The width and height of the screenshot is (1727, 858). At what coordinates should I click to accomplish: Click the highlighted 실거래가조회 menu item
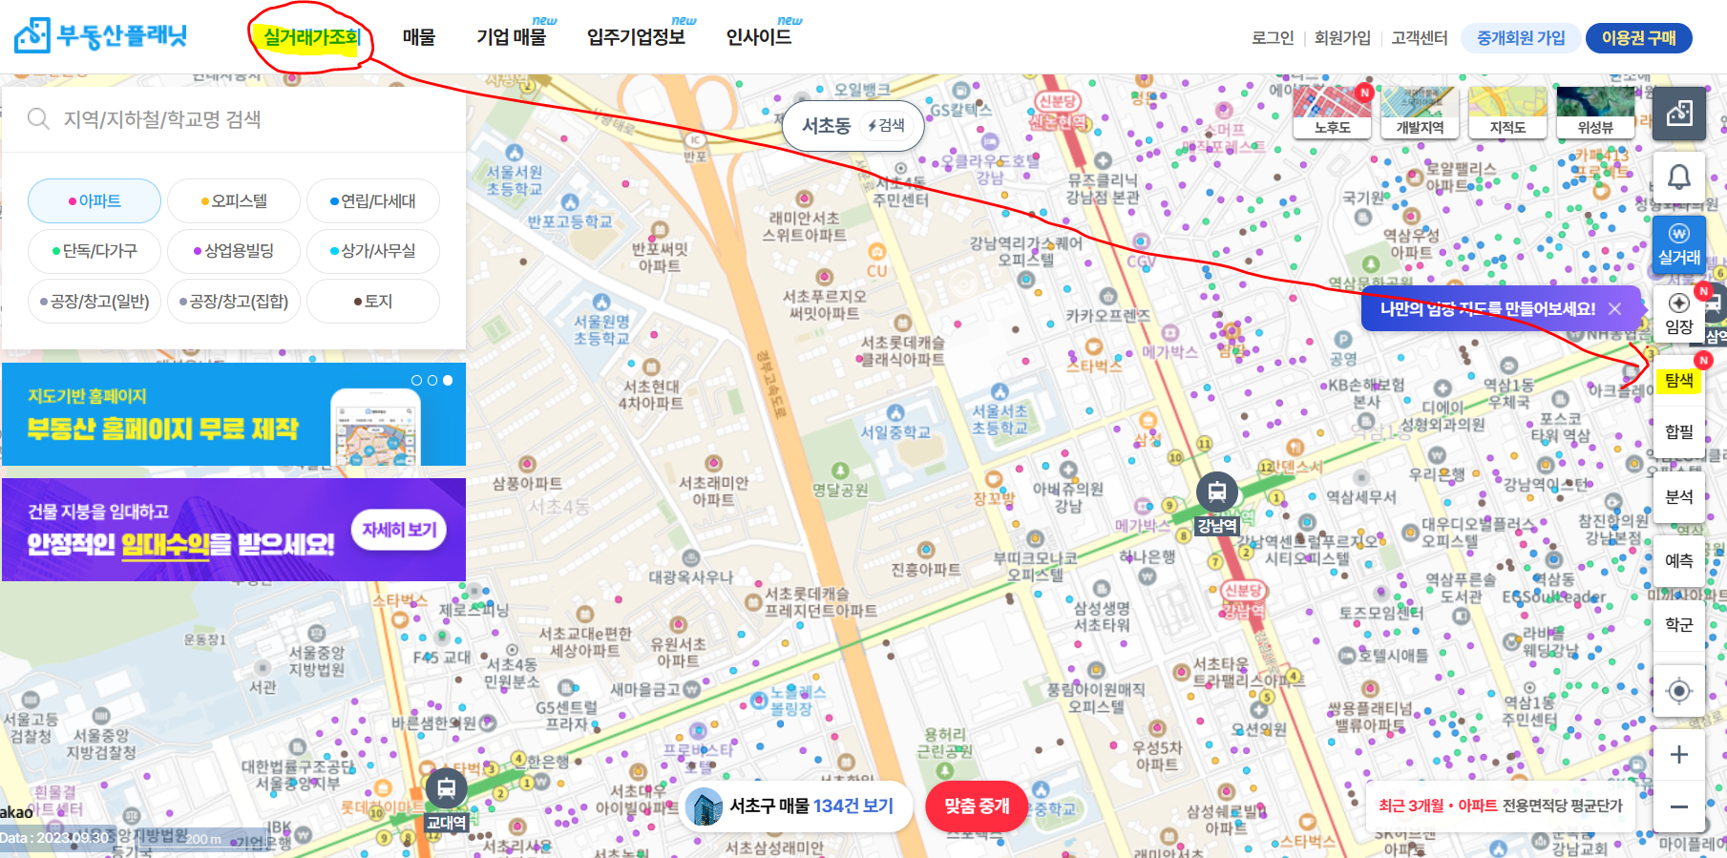(x=310, y=38)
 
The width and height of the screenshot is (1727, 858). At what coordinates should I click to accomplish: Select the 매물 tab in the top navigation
(x=418, y=38)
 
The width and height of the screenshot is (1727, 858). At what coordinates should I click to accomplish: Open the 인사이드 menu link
(x=759, y=38)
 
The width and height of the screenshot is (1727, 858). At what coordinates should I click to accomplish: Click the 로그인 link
(x=1273, y=38)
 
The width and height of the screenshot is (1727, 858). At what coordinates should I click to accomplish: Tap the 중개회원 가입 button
(x=1521, y=38)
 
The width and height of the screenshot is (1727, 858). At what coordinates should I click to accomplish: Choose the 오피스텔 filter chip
(x=234, y=201)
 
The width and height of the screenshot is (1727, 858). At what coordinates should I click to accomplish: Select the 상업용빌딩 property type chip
(x=234, y=251)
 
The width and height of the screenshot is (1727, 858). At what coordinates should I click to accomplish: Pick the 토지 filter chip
(x=373, y=302)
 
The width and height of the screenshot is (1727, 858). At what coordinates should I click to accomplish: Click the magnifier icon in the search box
(x=38, y=118)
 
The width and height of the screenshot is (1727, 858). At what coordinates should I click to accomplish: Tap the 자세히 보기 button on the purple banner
(x=399, y=530)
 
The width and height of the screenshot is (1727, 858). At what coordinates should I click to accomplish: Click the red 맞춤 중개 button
(x=977, y=806)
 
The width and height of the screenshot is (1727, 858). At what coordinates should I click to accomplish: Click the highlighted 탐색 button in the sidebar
(x=1678, y=381)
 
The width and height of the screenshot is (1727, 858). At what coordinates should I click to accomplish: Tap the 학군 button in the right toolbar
(x=1678, y=624)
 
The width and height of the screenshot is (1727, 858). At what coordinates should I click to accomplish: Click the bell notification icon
(x=1678, y=177)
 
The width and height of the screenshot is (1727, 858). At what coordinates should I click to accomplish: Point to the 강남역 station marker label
(x=1217, y=526)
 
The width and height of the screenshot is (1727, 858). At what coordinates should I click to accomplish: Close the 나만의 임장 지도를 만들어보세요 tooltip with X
(x=1614, y=309)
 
